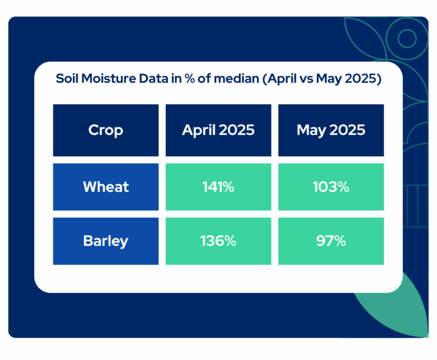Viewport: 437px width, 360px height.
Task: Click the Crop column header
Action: [106, 130]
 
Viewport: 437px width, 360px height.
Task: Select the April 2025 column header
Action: [218, 130]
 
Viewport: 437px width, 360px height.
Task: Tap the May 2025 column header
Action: [331, 130]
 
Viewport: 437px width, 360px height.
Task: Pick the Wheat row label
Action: [106, 187]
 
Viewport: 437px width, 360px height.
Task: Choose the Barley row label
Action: [106, 241]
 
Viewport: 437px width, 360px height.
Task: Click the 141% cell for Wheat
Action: [218, 187]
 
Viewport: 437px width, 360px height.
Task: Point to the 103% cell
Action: [331, 187]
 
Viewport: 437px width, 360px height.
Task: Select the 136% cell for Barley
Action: [218, 241]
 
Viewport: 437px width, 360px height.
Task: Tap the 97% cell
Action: [331, 241]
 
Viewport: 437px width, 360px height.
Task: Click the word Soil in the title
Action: [67, 79]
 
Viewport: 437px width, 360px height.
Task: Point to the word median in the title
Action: [237, 79]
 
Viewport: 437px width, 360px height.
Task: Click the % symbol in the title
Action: [189, 79]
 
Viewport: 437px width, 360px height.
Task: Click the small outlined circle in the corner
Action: [407, 38]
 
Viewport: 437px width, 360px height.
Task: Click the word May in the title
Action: [329, 79]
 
